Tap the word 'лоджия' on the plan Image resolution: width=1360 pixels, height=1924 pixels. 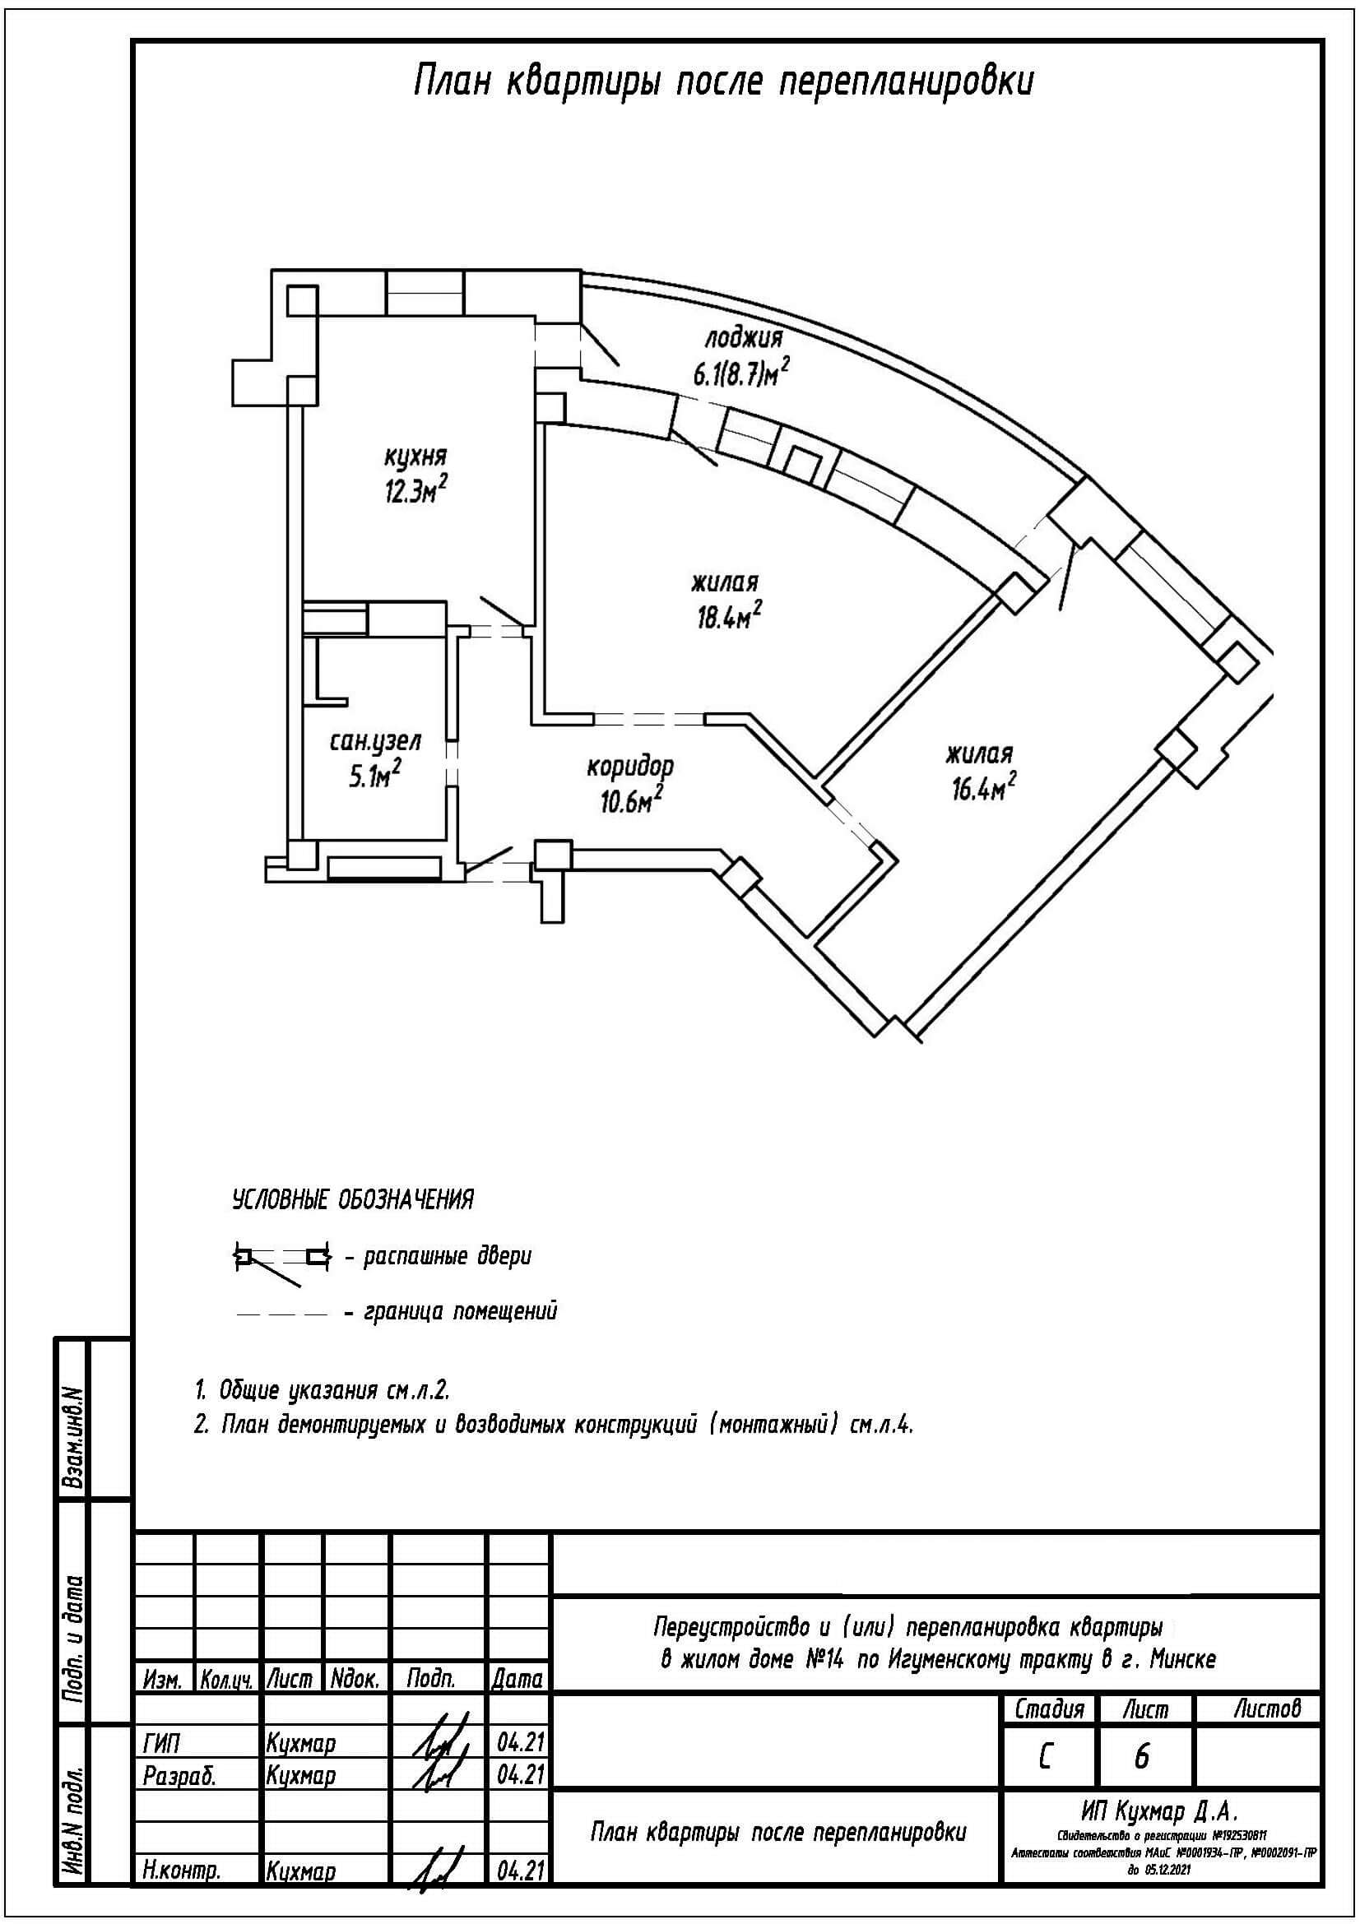742,338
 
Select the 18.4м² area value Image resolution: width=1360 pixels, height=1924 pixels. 727,617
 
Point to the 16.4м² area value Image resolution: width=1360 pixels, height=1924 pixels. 983,787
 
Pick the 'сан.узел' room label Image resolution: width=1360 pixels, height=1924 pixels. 374,741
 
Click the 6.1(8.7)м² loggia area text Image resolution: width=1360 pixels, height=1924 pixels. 741,372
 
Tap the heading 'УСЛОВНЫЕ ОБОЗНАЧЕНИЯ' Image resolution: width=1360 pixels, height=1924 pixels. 353,1200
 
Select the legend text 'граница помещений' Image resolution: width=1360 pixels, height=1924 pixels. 460,1311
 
